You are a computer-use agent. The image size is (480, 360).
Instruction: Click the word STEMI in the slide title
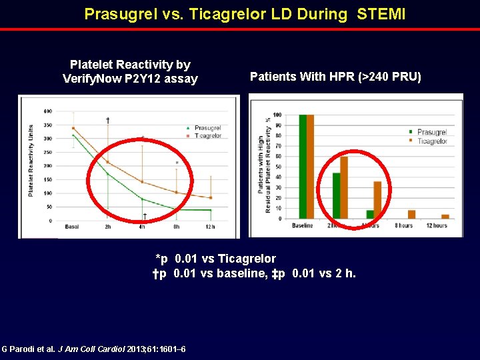point(381,14)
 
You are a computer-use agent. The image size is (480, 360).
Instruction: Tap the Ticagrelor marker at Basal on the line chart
point(73,128)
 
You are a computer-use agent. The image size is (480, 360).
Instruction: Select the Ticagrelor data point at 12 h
point(211,198)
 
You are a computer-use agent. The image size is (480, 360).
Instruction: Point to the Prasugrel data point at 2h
point(107,174)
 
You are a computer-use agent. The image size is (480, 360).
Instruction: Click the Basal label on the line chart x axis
point(72,227)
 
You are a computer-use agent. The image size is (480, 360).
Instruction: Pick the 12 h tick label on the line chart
point(210,227)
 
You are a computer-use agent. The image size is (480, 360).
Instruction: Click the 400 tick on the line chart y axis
point(48,111)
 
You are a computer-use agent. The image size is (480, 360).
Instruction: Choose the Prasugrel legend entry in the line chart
point(206,128)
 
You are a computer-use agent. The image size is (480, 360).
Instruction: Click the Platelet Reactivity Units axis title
point(31,160)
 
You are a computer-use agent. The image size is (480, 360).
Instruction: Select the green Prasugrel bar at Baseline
point(303,167)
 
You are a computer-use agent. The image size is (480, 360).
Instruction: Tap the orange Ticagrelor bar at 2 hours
point(344,187)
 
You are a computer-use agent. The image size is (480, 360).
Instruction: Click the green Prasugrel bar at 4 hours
point(370,215)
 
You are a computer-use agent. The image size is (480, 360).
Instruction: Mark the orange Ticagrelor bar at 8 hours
point(411,215)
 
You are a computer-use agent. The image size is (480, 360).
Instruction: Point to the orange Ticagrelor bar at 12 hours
point(445,217)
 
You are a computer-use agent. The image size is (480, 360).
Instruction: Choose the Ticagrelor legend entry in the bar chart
point(429,141)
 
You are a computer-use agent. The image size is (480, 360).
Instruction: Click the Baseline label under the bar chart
point(302,226)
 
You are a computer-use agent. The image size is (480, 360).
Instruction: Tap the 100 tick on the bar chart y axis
point(277,115)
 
